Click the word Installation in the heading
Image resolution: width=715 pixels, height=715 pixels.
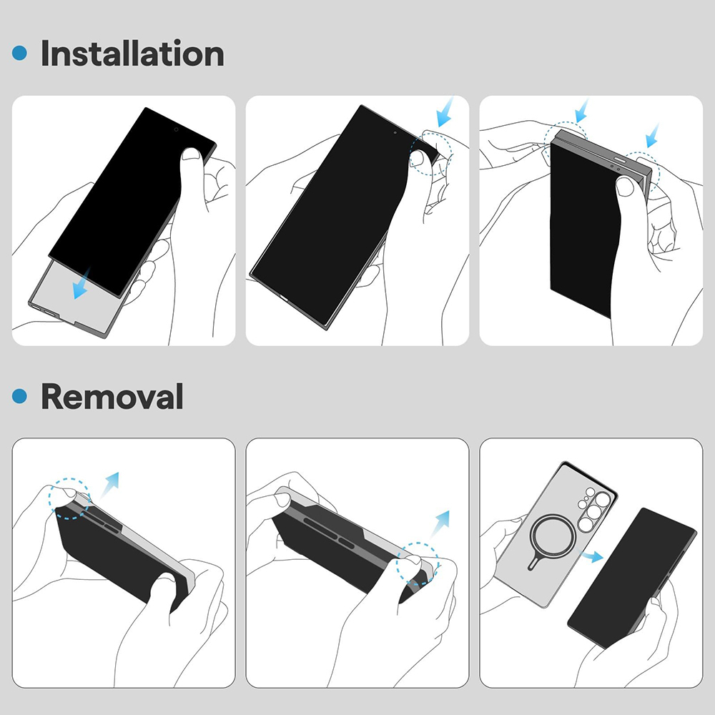click(132, 54)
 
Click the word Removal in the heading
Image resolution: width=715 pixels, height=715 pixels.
click(112, 396)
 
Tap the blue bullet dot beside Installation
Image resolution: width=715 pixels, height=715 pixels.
click(21, 53)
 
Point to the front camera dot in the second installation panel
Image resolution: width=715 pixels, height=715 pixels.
click(395, 132)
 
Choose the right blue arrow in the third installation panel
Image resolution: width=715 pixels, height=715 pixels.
click(651, 134)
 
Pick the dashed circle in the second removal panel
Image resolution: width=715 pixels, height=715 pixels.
click(418, 563)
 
